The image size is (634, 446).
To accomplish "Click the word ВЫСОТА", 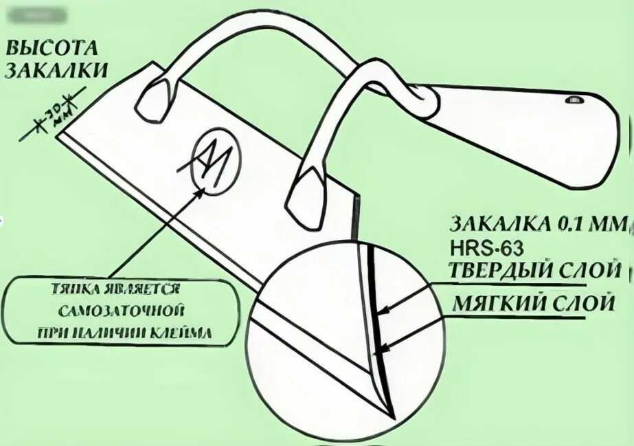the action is pos(52,49).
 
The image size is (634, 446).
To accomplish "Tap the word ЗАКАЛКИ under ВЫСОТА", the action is pos(56,70).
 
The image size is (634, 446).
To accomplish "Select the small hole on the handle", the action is pos(572,101).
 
